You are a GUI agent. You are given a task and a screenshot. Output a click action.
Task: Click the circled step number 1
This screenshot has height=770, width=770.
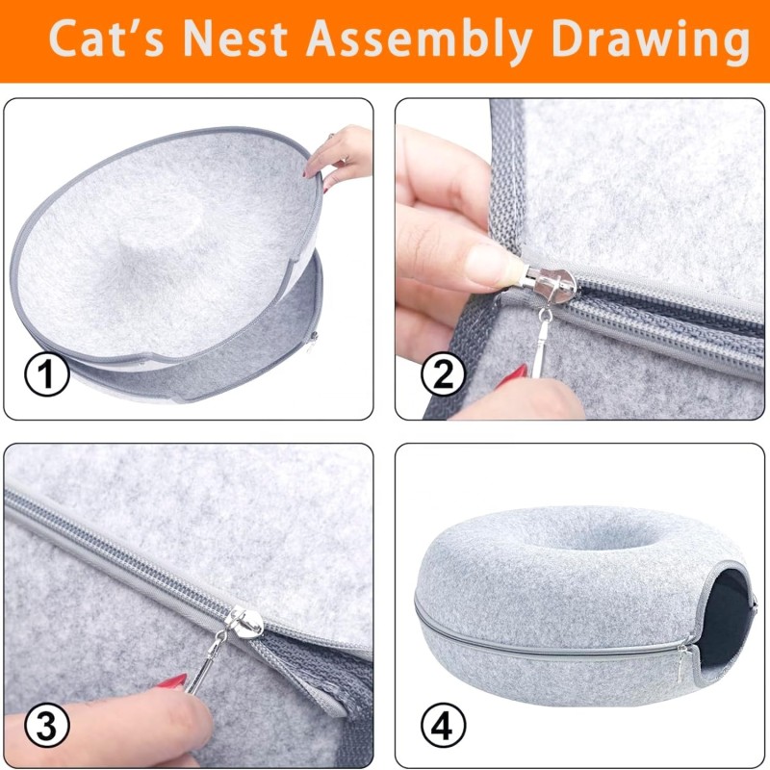click(x=46, y=375)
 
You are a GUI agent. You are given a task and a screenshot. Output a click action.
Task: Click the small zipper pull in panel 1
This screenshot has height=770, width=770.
click(x=312, y=340)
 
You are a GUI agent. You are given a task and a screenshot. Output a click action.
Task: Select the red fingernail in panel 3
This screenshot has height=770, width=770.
click(x=172, y=681)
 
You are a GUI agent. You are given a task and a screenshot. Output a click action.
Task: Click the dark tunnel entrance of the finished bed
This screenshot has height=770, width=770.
click(x=727, y=616)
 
